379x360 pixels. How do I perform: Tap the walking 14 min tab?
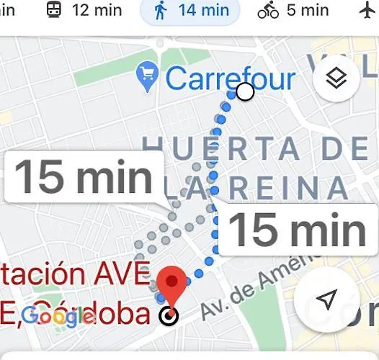[189, 11]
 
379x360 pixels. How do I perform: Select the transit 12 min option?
[84, 11]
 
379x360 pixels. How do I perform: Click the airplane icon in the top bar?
[367, 11]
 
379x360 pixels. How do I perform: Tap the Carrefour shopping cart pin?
[147, 77]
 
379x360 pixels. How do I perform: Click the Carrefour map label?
[230, 78]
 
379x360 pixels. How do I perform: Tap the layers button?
[336, 78]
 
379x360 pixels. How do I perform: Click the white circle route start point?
[245, 91]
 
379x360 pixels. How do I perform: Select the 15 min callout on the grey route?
[83, 176]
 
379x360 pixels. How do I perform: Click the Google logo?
[58, 315]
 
